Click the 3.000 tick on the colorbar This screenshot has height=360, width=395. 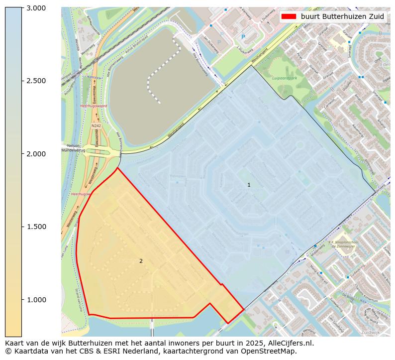[35, 8]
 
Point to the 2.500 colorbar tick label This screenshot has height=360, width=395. [35, 81]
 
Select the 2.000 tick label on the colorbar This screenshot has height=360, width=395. [35, 154]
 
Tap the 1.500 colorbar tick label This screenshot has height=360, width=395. [35, 227]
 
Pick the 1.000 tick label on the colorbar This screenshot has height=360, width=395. [35, 300]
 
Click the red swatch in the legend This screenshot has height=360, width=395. [289, 16]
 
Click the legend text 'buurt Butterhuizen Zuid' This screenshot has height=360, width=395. [342, 16]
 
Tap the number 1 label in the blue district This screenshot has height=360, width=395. [249, 185]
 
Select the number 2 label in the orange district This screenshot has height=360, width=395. [141, 261]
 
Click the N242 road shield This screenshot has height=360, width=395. [96, 126]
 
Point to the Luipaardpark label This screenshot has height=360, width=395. [284, 78]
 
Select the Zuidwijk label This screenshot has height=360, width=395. [371, 332]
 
